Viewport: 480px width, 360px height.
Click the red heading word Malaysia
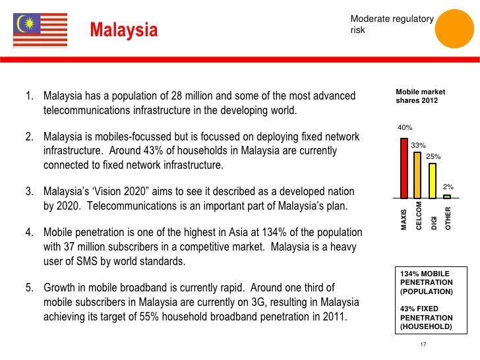[x=124, y=30]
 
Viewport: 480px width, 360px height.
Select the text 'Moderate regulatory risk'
[x=392, y=25]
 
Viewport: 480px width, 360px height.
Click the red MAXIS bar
[x=404, y=167]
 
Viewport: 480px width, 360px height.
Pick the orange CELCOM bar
[x=417, y=175]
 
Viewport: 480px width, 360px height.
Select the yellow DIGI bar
[x=433, y=180]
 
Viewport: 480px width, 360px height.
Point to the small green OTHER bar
[x=447, y=196]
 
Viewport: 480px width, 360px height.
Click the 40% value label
[x=404, y=128]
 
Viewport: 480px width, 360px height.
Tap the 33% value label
[x=418, y=145]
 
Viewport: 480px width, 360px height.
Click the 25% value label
[x=433, y=156]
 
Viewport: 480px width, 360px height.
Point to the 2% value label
[x=448, y=187]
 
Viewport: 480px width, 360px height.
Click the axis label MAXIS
[x=404, y=220]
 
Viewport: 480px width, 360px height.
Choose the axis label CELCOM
[x=419, y=216]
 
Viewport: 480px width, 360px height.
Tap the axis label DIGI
[x=434, y=222]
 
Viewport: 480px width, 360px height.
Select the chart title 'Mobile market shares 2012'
[x=416, y=96]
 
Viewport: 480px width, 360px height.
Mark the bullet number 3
[x=29, y=192]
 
